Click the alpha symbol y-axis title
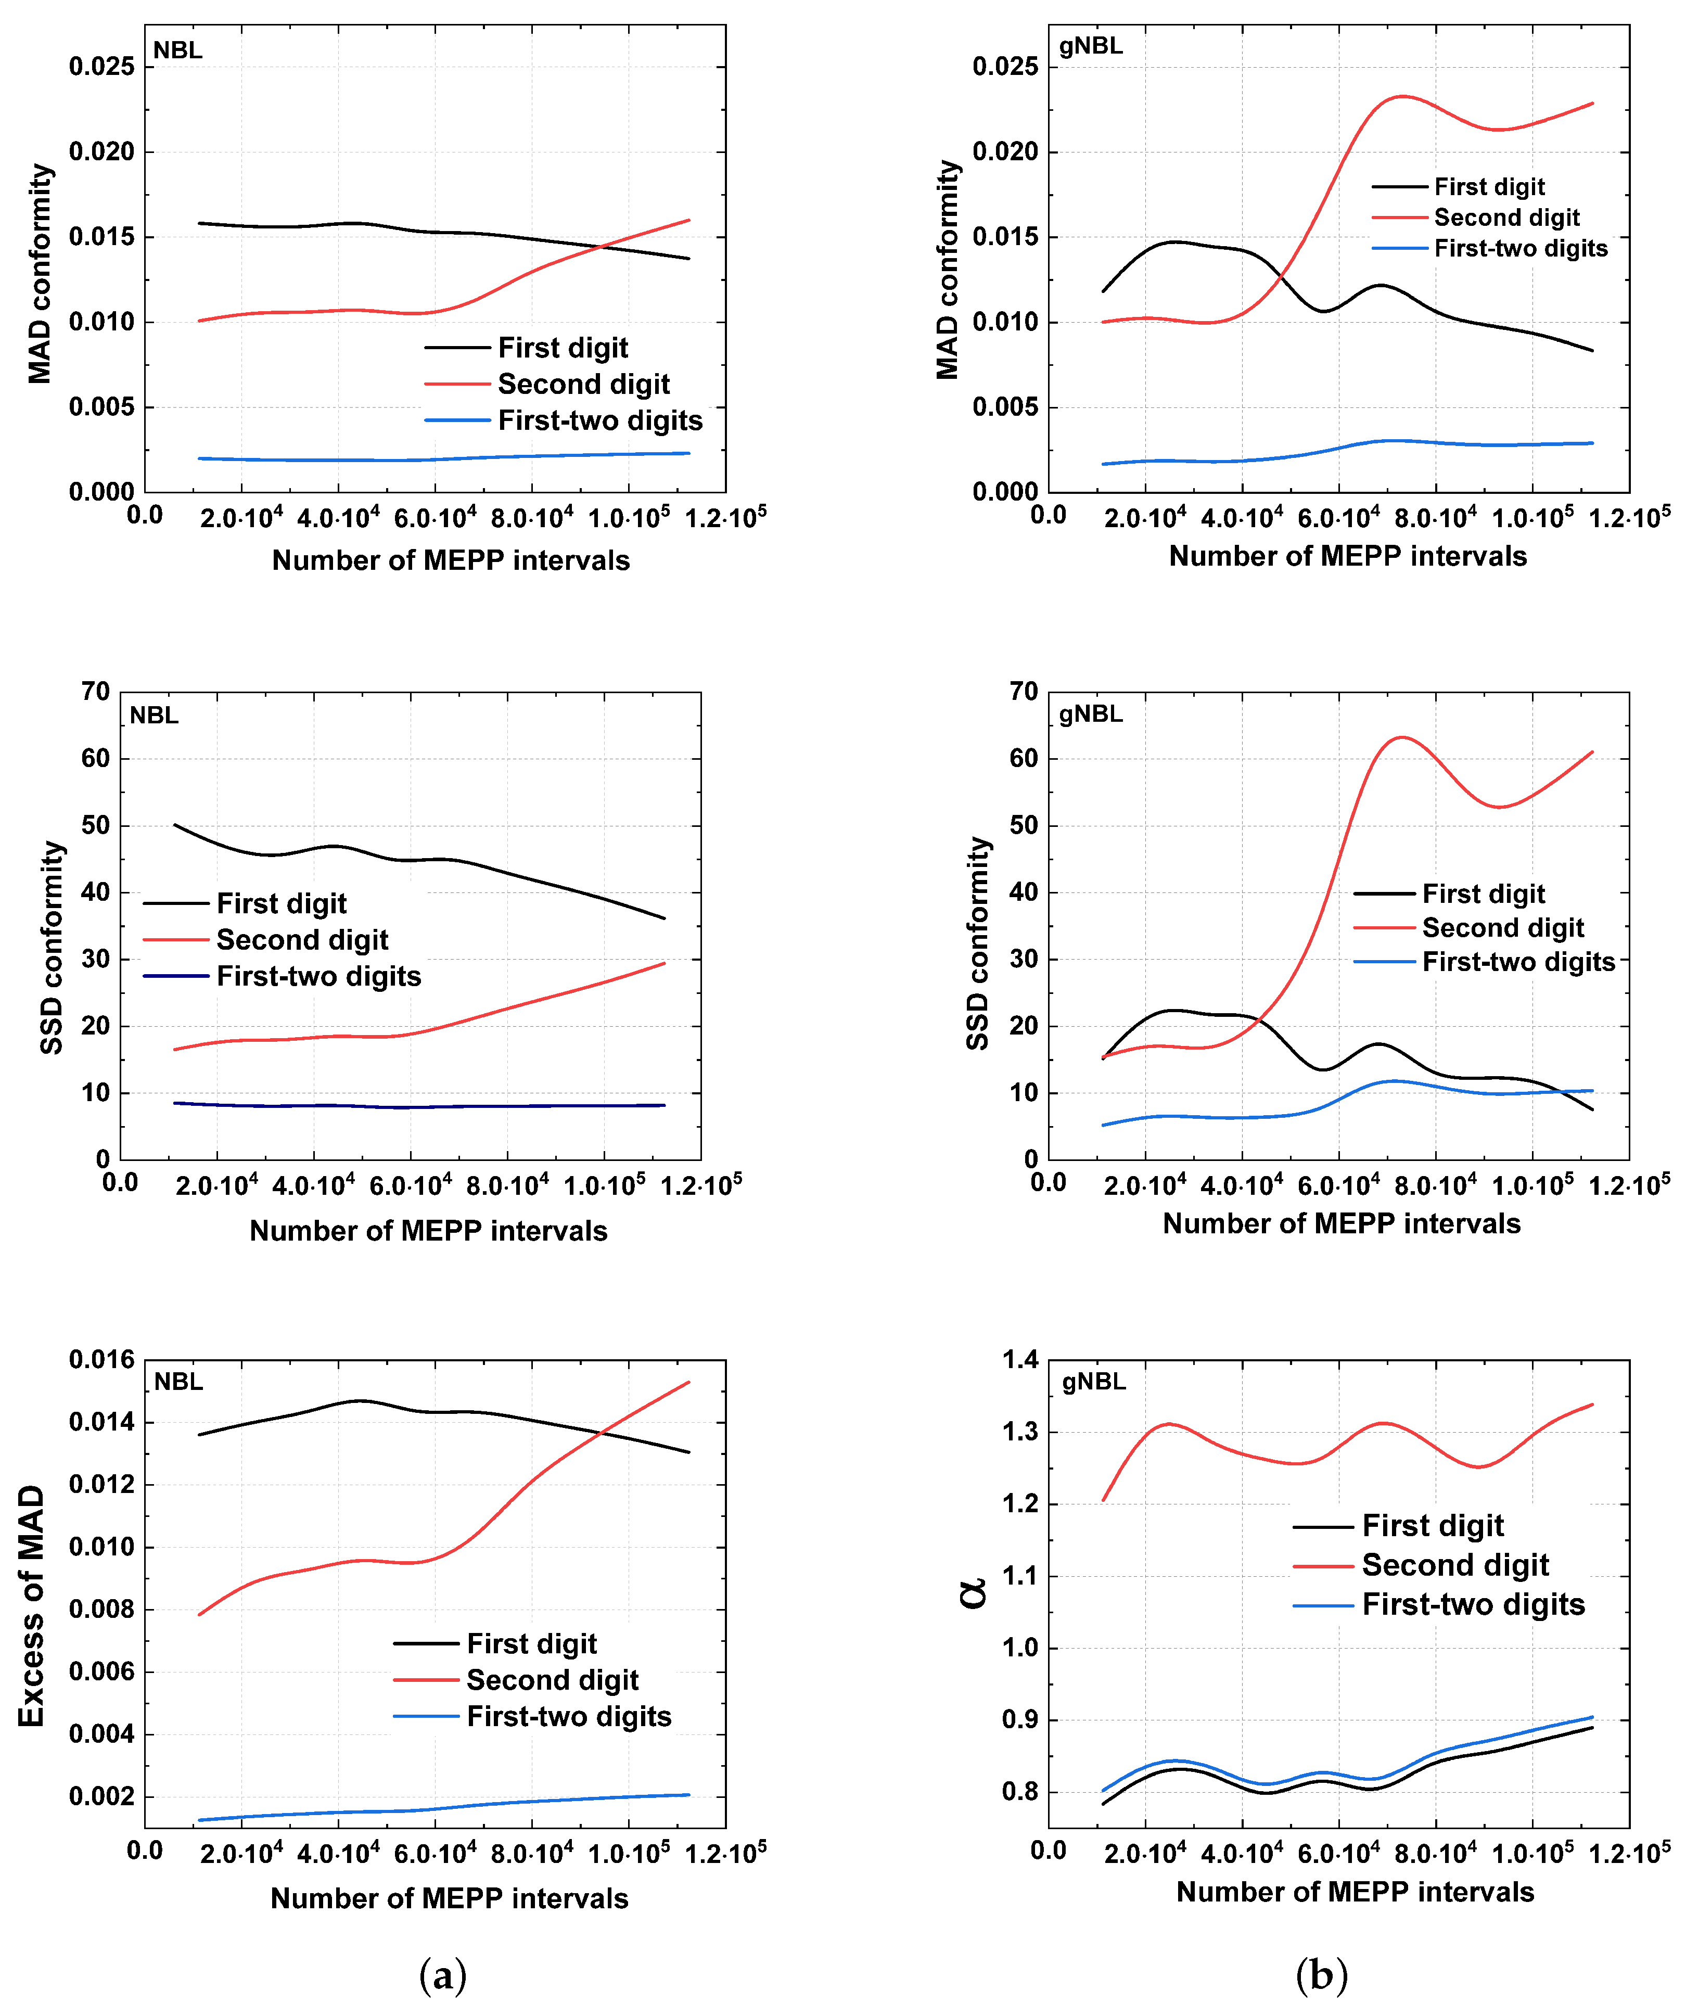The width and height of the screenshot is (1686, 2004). pyautogui.click(x=973, y=1593)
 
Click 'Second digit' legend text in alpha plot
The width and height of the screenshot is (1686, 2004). pyautogui.click(x=1455, y=1564)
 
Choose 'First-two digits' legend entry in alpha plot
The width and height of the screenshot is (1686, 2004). pyautogui.click(x=1473, y=1604)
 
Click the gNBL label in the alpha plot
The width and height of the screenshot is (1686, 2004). pyautogui.click(x=1093, y=1382)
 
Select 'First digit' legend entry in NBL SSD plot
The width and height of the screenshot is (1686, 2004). pyautogui.click(x=281, y=903)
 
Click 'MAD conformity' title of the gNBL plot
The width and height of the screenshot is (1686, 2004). pyautogui.click(x=947, y=270)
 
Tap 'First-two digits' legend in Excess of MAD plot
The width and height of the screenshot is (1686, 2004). pyautogui.click(x=569, y=1716)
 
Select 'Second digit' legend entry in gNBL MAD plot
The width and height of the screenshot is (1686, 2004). pyautogui.click(x=1506, y=218)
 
